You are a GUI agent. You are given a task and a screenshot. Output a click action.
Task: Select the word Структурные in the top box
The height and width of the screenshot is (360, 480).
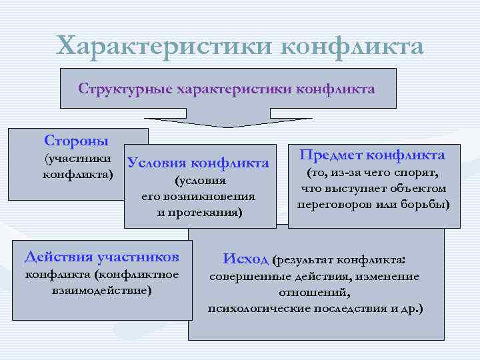click(x=125, y=89)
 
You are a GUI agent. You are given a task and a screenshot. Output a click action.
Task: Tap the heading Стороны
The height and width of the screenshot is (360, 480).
click(x=76, y=141)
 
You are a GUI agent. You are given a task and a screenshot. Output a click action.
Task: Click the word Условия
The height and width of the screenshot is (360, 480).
click(x=156, y=163)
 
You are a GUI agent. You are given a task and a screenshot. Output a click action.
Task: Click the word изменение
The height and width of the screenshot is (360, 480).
click(x=387, y=277)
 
